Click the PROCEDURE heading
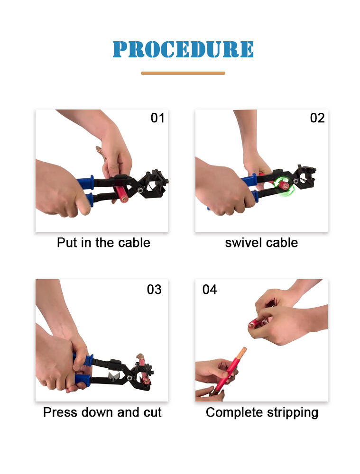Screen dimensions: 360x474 tap(183, 49)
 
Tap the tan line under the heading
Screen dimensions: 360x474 tap(183, 73)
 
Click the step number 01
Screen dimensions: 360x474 tap(157, 118)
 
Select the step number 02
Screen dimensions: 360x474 tap(317, 118)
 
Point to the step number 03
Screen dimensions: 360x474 tap(154, 290)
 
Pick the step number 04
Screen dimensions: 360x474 tap(210, 290)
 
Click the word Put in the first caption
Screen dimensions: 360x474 tap(67, 243)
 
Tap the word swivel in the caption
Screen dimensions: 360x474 tap(243, 243)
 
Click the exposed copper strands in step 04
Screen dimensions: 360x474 tap(241, 353)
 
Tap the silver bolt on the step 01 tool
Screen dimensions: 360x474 tap(141, 191)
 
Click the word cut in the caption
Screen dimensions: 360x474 tap(153, 412)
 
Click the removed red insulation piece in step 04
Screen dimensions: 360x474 tap(257, 322)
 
